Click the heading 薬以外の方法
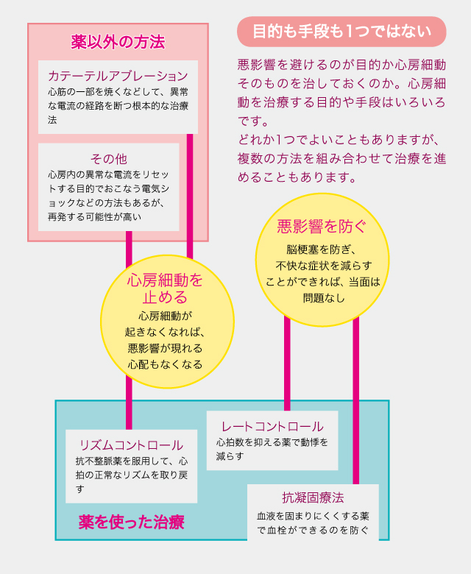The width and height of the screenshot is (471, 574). (x=118, y=42)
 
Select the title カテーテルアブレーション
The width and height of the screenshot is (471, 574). (x=118, y=76)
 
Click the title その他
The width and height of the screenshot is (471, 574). (x=109, y=159)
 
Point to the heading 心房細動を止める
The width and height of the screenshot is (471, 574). (x=165, y=288)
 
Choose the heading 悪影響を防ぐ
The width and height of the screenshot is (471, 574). (x=322, y=226)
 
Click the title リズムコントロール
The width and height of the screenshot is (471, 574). (x=131, y=444)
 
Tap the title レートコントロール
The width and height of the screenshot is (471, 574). (x=272, y=426)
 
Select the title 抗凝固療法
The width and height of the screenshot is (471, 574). (x=313, y=498)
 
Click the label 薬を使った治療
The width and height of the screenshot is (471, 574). (x=131, y=522)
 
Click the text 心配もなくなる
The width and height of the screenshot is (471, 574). (x=165, y=364)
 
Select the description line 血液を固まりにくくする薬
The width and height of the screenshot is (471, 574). (x=313, y=515)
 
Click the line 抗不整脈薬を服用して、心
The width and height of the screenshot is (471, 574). (x=131, y=461)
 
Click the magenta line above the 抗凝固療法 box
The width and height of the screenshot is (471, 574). (x=355, y=397)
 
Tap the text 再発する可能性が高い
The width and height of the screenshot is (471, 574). (x=95, y=217)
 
